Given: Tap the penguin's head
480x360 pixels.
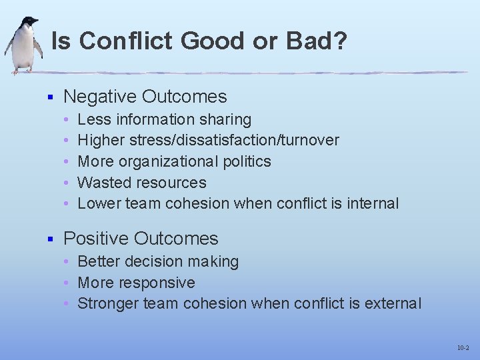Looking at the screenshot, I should pos(28,23).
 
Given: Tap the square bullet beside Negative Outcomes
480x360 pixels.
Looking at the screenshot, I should pos(49,97).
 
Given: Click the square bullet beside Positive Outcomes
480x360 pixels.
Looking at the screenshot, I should pos(49,239).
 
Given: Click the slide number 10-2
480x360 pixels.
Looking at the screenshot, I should pos(463,348).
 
